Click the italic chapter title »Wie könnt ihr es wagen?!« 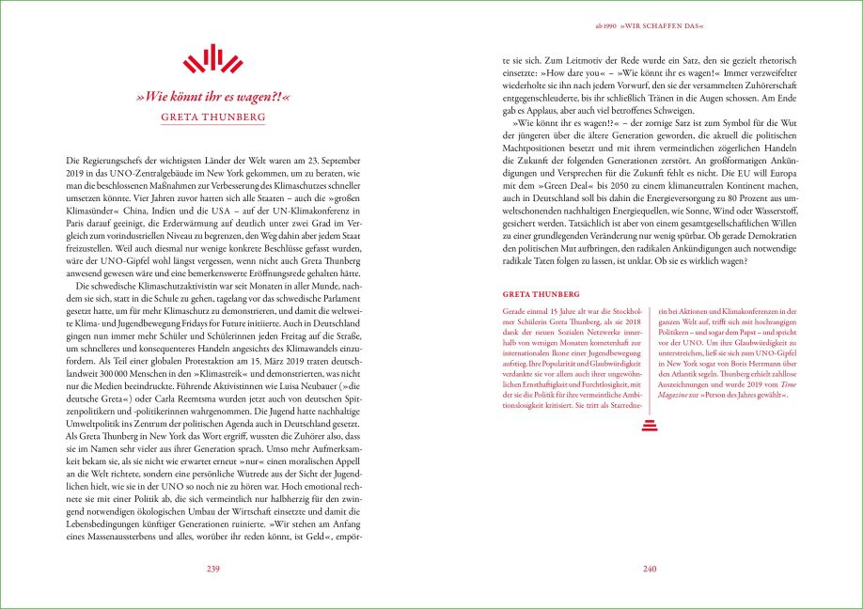pyautogui.click(x=212, y=96)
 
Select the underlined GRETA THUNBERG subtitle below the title pyautogui.click(x=212, y=117)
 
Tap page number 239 pyautogui.click(x=212, y=569)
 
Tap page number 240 pyautogui.click(x=650, y=569)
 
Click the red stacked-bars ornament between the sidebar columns pyautogui.click(x=650, y=428)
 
